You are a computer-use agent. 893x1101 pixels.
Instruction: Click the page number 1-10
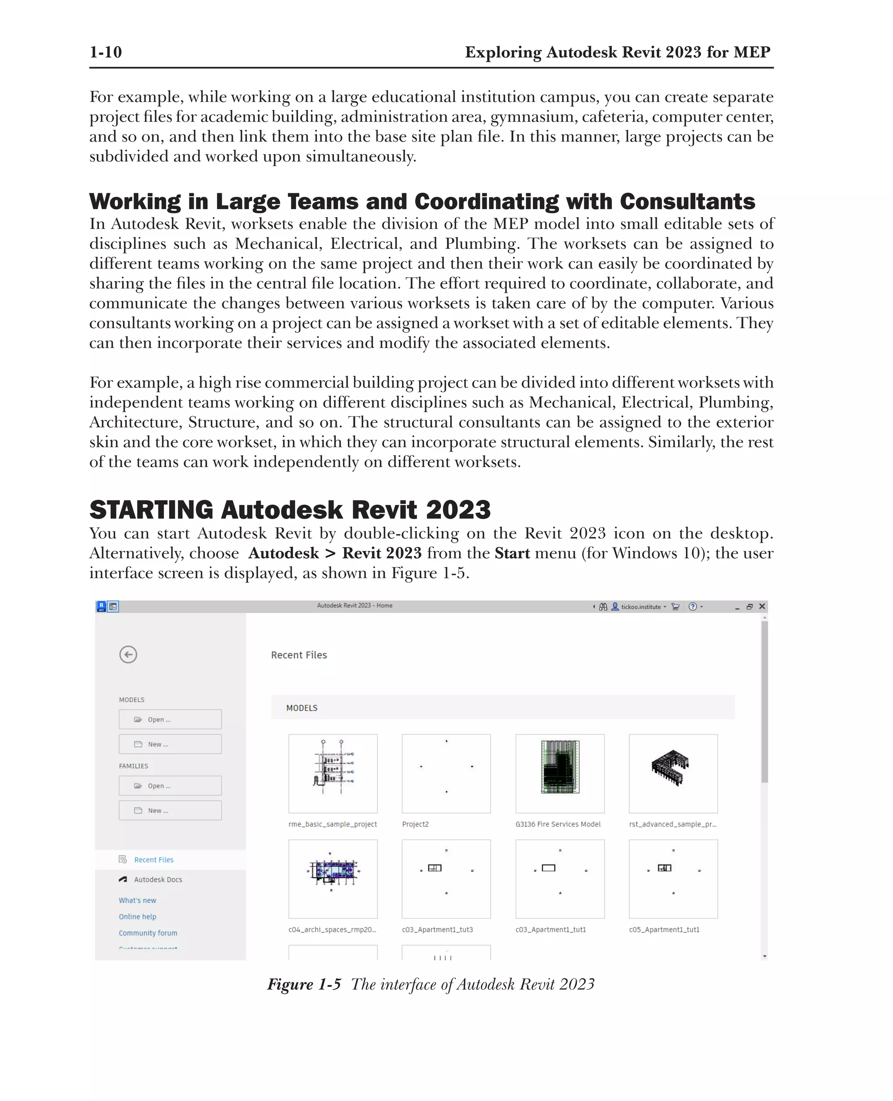click(106, 52)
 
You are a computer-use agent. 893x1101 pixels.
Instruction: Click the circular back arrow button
click(128, 654)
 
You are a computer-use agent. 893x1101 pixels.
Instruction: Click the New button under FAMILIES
click(170, 810)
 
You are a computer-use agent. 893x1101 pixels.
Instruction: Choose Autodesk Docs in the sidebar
click(158, 879)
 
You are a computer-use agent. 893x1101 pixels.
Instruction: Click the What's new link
click(137, 900)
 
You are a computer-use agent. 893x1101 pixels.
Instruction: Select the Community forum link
click(148, 933)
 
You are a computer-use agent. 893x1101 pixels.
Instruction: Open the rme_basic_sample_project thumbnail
click(333, 773)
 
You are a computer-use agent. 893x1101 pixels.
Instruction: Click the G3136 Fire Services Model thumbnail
click(560, 773)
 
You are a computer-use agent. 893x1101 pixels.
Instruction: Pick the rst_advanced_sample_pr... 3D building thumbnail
click(673, 773)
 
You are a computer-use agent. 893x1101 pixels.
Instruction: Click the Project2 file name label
click(415, 824)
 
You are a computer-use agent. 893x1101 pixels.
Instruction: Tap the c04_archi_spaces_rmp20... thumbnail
click(333, 878)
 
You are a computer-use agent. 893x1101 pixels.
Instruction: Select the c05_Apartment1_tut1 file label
click(664, 929)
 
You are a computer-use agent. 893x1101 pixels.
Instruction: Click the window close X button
click(762, 606)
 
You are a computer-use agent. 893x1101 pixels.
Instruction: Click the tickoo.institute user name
click(641, 607)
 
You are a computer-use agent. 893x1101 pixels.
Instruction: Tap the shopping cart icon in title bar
click(675, 607)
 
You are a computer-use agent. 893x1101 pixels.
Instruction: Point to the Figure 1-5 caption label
click(304, 984)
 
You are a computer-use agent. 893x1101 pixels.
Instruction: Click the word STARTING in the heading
click(151, 510)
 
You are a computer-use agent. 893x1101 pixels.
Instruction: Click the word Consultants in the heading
click(687, 201)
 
